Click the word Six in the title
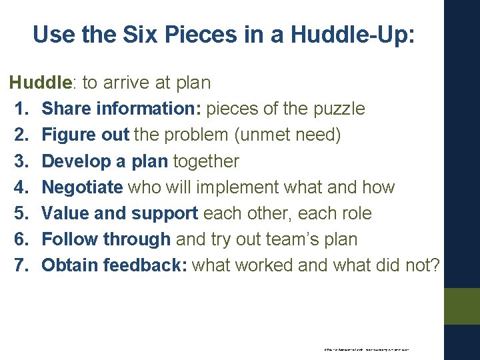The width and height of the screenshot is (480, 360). [135, 34]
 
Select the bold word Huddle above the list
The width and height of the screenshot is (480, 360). [40, 83]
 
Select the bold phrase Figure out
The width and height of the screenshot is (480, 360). [85, 135]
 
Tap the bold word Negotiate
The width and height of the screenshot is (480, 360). [82, 187]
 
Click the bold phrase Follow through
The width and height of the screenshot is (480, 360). [106, 239]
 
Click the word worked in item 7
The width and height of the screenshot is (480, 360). [259, 265]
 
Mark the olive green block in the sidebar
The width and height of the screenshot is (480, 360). [462, 306]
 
